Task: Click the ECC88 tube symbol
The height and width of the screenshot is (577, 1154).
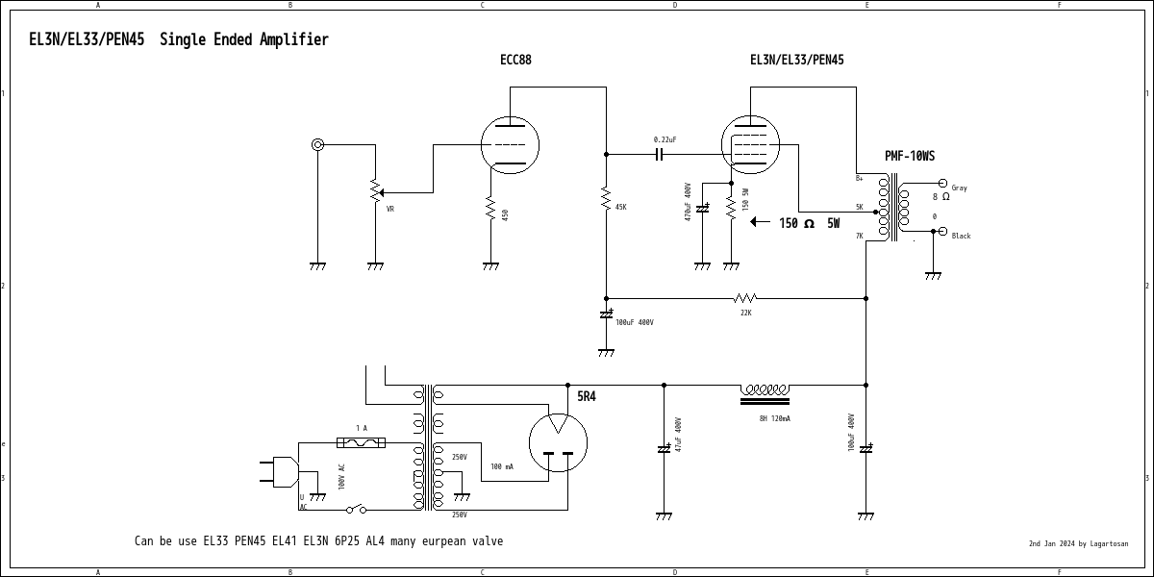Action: click(510, 145)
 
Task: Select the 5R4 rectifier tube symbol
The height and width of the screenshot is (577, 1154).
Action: click(558, 443)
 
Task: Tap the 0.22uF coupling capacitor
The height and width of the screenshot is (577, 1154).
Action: click(660, 154)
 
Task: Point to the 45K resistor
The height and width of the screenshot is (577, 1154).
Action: click(606, 199)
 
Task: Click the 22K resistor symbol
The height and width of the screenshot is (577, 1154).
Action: click(745, 298)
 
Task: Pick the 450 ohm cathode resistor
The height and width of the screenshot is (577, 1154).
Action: click(490, 209)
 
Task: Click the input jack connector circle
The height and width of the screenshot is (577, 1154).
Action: click(317, 145)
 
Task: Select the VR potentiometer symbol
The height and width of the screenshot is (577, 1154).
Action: click(375, 191)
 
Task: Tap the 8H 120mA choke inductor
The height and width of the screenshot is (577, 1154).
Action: click(765, 393)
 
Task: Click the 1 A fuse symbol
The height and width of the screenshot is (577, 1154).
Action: click(362, 442)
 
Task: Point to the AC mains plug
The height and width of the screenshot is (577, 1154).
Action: click(279, 471)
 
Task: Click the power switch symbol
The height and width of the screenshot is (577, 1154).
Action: click(356, 509)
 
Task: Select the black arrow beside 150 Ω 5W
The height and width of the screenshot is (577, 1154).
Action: click(760, 222)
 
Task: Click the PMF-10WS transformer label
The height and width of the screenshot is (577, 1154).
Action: click(910, 156)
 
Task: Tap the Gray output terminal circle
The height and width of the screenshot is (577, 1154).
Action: click(942, 184)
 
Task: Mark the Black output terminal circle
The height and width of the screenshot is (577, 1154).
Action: click(942, 232)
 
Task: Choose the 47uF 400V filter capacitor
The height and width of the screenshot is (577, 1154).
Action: click(664, 448)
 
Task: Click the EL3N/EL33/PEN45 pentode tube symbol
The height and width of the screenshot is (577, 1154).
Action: click(750, 145)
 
